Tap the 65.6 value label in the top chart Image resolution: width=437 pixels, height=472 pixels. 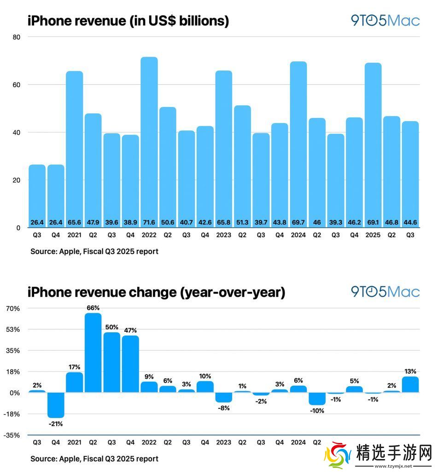[74, 222]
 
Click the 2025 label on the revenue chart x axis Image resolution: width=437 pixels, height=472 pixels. [373, 236]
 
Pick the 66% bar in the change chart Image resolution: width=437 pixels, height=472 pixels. [93, 353]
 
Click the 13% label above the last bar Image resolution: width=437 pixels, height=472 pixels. [410, 371]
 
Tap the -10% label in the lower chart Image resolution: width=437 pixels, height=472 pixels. [317, 410]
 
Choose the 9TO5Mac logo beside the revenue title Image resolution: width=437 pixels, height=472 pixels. [385, 21]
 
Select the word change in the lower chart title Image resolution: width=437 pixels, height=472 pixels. [141, 292]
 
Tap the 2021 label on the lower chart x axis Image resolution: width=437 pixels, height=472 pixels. [74, 442]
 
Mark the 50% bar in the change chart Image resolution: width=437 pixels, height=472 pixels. [111, 362]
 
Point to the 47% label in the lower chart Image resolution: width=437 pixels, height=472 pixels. [130, 330]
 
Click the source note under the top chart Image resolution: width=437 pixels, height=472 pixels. [94, 252]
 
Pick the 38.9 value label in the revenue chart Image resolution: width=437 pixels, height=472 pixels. [130, 222]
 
